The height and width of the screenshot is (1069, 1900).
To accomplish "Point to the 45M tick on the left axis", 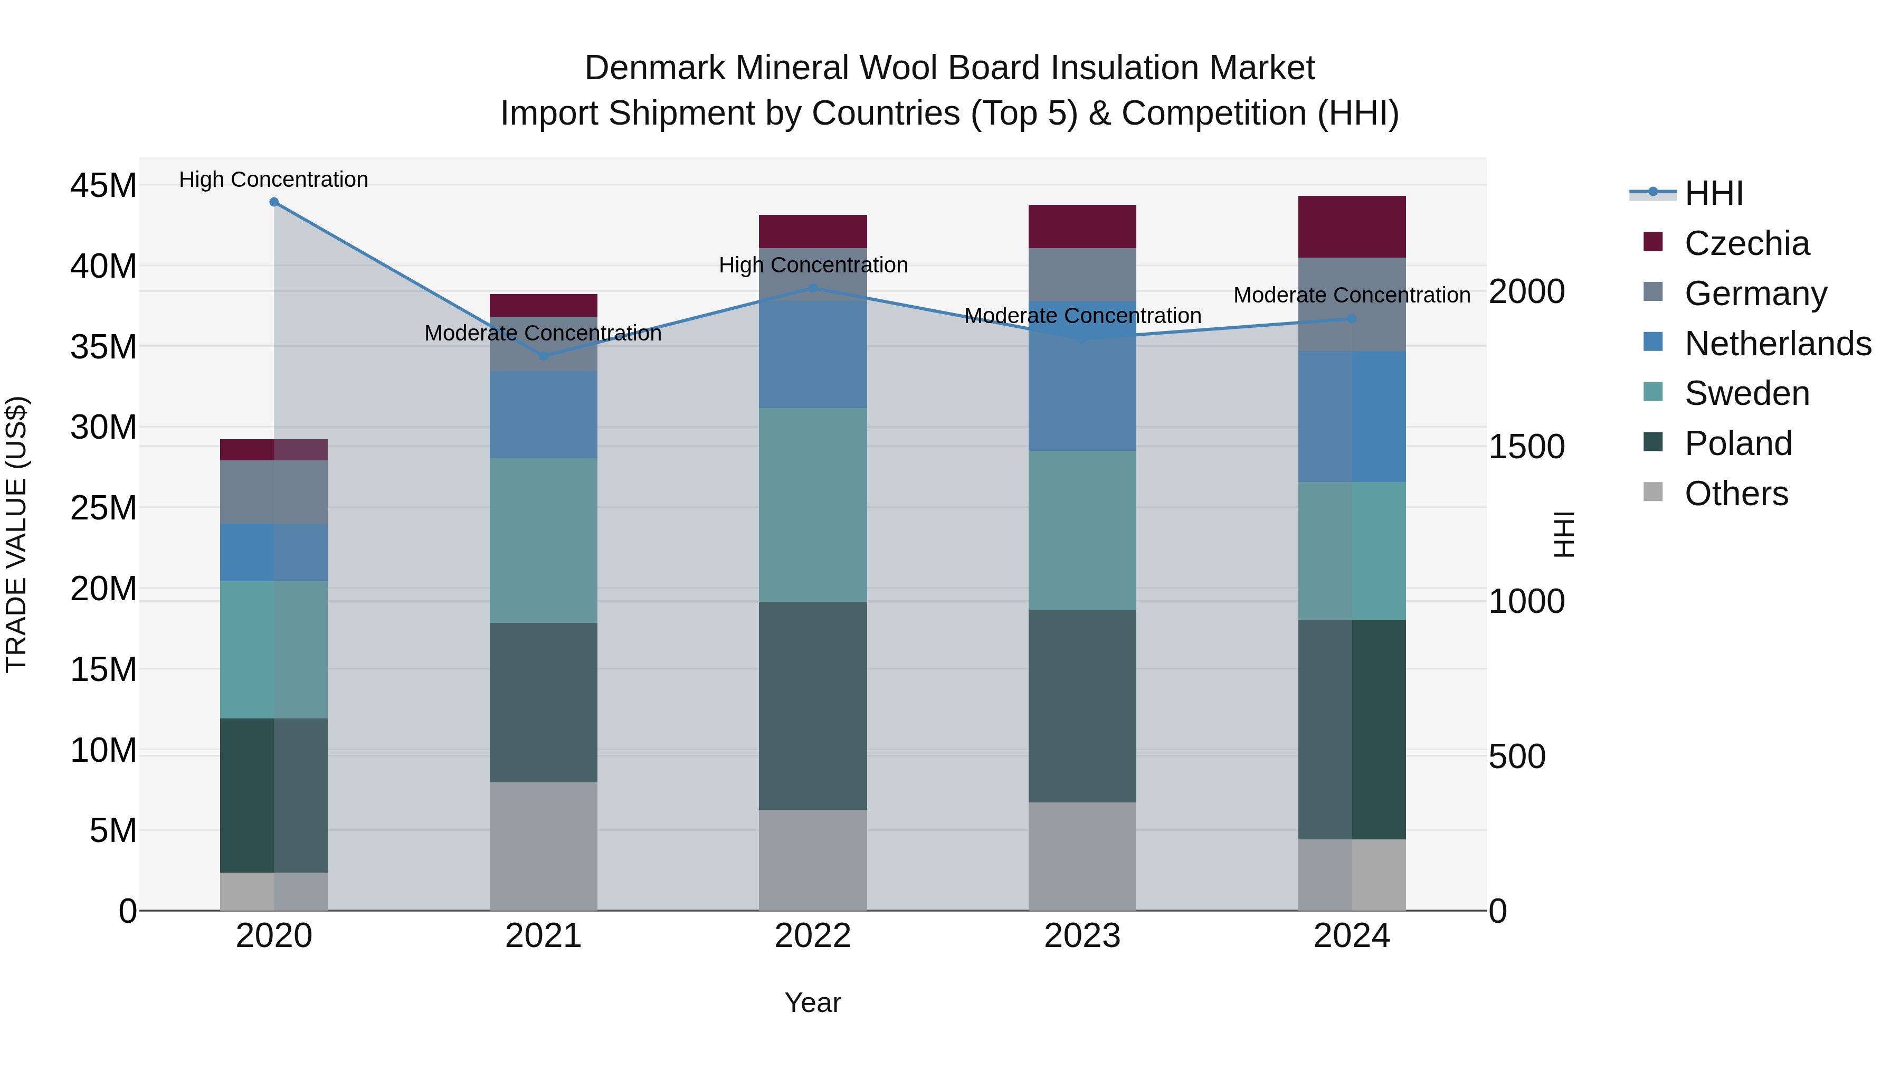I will click(103, 185).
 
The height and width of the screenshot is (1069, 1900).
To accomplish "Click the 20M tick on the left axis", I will click(103, 589).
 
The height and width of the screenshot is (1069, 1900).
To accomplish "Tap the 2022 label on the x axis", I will click(813, 936).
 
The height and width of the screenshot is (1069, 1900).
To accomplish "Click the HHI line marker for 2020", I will click(273, 202).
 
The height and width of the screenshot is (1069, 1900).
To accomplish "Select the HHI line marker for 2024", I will click(1351, 319).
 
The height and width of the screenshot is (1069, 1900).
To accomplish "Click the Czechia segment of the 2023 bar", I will click(1082, 226).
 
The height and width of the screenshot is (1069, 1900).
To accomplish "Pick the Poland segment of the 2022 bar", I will click(813, 705).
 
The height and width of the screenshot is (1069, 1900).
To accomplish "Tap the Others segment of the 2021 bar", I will click(543, 846).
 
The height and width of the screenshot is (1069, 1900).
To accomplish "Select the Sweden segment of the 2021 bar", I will click(543, 540).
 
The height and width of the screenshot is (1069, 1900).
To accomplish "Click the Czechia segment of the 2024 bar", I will click(1351, 226).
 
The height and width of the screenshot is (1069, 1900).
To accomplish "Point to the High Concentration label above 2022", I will click(813, 265).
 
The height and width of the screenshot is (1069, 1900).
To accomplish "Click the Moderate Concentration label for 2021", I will click(543, 334).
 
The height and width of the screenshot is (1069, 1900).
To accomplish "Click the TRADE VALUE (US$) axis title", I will click(16, 534).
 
